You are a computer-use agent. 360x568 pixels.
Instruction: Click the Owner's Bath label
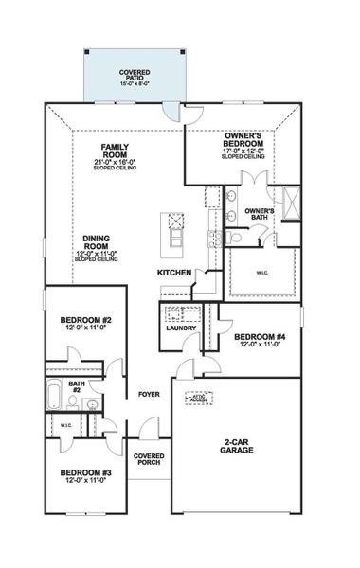(259, 214)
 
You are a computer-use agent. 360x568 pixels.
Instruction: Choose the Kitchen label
(173, 273)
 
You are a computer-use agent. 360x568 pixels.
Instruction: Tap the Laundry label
(180, 328)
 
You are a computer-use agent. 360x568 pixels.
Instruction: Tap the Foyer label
(149, 394)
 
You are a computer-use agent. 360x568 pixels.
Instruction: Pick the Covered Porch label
(148, 458)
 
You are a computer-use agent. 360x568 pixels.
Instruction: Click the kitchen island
(174, 233)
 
